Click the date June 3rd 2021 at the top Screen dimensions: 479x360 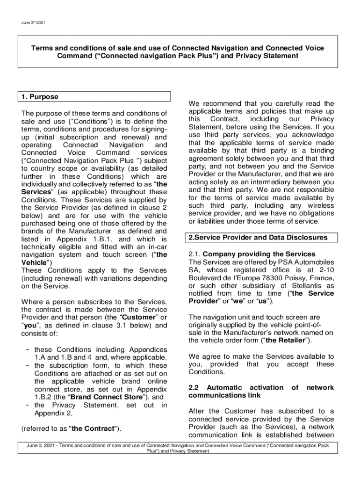[33, 22]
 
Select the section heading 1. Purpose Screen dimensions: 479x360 [40, 97]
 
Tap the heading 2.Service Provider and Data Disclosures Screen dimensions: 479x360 [258, 238]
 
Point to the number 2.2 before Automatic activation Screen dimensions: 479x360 [194, 388]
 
